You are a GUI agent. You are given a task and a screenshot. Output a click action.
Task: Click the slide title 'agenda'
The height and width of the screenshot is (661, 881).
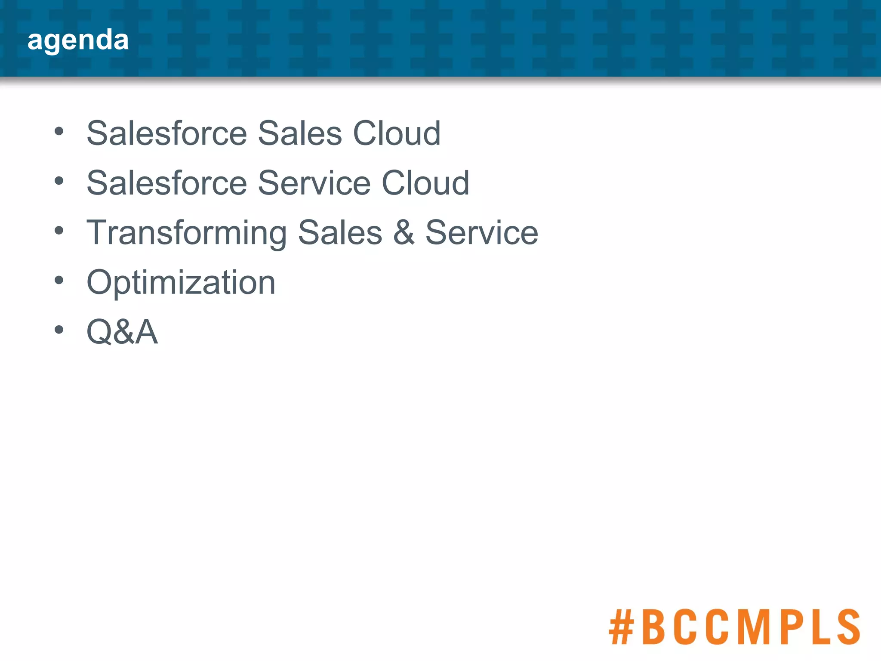(x=78, y=40)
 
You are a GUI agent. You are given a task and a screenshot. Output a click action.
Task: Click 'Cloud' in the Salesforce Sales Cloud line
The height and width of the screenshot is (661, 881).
(x=397, y=133)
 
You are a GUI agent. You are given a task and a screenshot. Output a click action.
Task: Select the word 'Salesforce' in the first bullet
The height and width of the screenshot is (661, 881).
(x=166, y=133)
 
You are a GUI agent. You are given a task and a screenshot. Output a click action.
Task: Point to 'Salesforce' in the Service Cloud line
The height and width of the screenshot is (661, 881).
(x=166, y=183)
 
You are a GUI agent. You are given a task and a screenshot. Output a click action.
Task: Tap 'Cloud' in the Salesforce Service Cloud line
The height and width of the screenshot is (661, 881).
(x=425, y=183)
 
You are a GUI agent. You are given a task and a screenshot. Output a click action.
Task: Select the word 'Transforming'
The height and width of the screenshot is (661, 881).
(x=186, y=233)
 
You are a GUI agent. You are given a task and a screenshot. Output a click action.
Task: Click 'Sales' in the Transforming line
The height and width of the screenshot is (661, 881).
(x=340, y=233)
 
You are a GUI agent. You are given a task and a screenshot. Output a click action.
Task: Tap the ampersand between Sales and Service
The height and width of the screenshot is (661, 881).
(x=404, y=233)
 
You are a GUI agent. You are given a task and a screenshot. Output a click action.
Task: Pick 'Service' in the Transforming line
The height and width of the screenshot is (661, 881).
(x=482, y=233)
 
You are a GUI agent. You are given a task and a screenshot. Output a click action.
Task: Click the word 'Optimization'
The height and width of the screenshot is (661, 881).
(x=181, y=283)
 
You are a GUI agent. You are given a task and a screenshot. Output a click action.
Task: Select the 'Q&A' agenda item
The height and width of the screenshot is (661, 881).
(x=122, y=332)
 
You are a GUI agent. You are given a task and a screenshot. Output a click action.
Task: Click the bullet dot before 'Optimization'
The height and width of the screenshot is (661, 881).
(x=59, y=281)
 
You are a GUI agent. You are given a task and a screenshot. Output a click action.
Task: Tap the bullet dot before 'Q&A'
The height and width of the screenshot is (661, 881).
(x=59, y=330)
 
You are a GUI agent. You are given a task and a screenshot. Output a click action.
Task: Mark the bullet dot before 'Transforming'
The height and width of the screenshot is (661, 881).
(x=59, y=231)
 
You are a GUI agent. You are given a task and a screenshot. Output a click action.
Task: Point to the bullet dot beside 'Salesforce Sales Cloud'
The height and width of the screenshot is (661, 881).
(x=59, y=131)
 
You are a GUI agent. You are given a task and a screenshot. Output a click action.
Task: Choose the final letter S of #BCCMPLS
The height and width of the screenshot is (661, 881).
(x=845, y=627)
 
